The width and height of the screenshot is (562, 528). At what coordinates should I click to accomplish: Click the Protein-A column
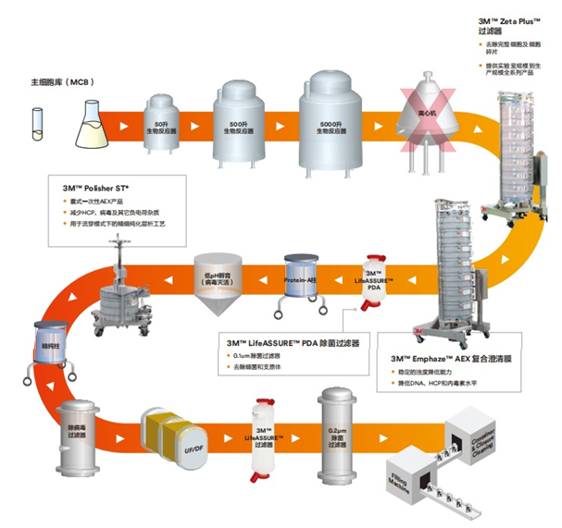coord(302,278)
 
